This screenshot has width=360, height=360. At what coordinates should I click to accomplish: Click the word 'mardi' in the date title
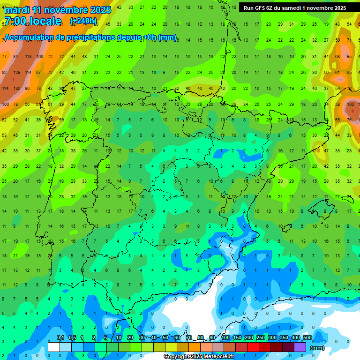coord(17,10)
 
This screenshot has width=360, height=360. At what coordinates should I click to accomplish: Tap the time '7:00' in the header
coord(17,21)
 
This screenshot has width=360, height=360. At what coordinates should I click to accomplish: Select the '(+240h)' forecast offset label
coord(83,21)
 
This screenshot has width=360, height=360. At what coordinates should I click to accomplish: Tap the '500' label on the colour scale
coord(307,338)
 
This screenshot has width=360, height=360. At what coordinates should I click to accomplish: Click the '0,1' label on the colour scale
coord(60,338)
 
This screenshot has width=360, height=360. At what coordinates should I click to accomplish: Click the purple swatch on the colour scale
coord(300,347)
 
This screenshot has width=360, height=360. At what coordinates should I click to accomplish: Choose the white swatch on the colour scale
coord(54,347)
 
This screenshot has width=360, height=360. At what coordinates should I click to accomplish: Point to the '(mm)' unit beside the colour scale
coord(318,348)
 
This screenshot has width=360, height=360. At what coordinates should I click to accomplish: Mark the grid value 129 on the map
coord(16,73)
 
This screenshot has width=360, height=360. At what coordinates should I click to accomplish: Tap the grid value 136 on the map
coord(16,89)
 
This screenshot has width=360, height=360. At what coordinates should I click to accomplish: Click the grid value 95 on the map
coord(349,57)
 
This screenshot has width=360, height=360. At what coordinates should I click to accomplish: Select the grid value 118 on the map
coord(28,57)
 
